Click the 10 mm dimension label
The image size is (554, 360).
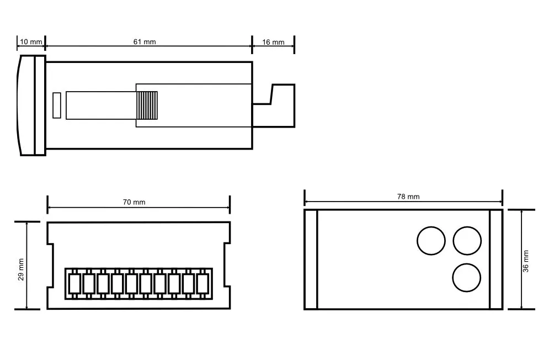pyautogui.click(x=31, y=42)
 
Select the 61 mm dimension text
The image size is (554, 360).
pyautogui.click(x=145, y=42)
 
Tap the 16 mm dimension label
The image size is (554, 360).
pyautogui.click(x=273, y=42)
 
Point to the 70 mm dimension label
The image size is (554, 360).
pyautogui.click(x=134, y=202)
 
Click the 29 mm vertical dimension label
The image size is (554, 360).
pyautogui.click(x=21, y=269)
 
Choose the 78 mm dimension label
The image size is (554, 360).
pyautogui.click(x=408, y=197)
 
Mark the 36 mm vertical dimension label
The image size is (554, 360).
pyautogui.click(x=526, y=261)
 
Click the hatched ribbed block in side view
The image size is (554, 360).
pyautogui.click(x=147, y=105)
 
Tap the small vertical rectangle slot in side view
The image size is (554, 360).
pyautogui.click(x=56, y=105)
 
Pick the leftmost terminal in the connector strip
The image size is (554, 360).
pyautogui.click(x=74, y=284)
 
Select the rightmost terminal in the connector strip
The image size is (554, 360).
pyautogui.click(x=202, y=284)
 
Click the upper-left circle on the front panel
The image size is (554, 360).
pyautogui.click(x=431, y=241)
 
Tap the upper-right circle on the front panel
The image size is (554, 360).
pyautogui.click(x=467, y=241)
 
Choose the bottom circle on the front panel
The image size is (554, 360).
pyautogui.click(x=467, y=277)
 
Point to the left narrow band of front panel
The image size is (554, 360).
pyautogui.click(x=311, y=260)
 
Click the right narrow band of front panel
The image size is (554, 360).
pyautogui.click(x=496, y=260)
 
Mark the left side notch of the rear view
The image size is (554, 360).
pyautogui.click(x=50, y=266)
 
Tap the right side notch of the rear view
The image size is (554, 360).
pyautogui.click(x=227, y=266)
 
